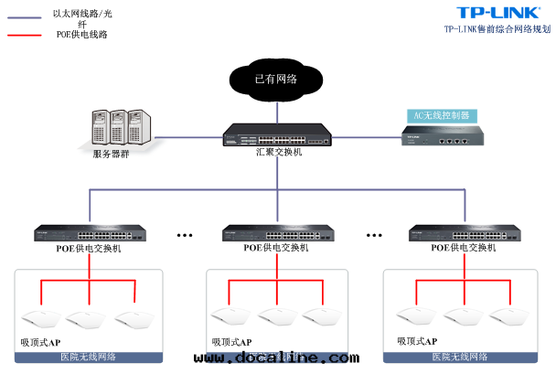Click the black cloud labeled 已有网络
tap(276, 79)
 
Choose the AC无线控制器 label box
tap(442, 115)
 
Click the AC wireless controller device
tap(441, 138)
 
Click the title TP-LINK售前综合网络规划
tap(497, 29)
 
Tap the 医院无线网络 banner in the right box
tap(460, 357)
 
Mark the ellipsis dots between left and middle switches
tap(185, 235)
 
